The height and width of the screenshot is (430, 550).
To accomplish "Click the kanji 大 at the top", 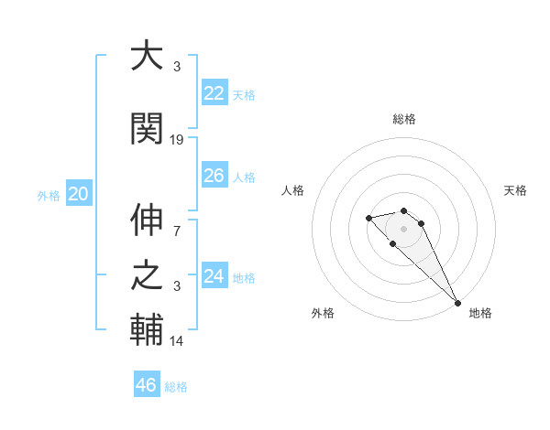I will tap(147, 56).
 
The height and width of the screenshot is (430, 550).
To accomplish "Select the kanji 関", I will tap(147, 129).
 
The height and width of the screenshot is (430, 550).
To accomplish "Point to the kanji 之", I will tap(147, 275).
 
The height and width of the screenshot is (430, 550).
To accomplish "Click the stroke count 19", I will tap(177, 140).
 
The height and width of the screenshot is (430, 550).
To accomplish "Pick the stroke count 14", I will tap(177, 341).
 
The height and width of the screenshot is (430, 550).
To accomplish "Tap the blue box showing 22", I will tap(214, 93).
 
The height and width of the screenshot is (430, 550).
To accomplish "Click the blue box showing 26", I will tap(214, 176).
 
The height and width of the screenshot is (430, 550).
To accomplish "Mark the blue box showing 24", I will tap(214, 276).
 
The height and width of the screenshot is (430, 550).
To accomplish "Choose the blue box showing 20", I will tap(78, 194).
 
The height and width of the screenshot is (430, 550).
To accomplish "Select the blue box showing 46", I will tap(147, 385).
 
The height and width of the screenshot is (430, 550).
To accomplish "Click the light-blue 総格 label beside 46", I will tap(176, 387).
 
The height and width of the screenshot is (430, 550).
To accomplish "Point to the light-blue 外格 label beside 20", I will tap(49, 195).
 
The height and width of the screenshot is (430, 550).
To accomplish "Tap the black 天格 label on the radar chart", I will tap(515, 190).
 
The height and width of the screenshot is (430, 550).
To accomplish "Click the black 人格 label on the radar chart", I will tap(293, 190).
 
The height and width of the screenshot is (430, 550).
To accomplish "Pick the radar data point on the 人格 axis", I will tap(368, 218).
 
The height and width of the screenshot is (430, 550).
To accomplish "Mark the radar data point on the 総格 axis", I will tap(403, 210).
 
